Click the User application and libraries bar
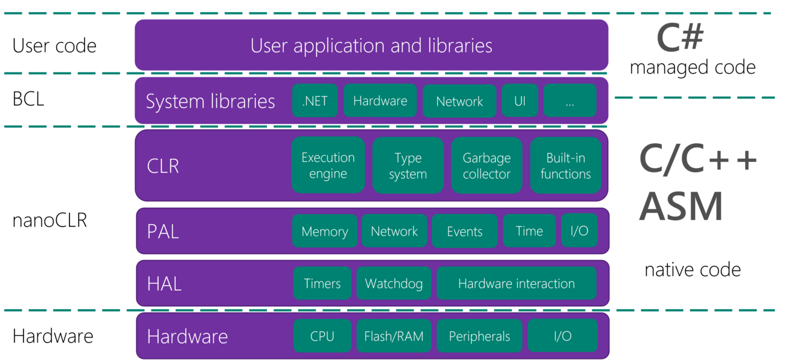click(371, 45)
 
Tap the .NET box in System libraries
click(315, 101)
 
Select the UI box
click(519, 101)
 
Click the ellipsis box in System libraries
click(569, 101)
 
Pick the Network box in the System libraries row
click(459, 101)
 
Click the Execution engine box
click(328, 166)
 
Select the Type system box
click(408, 166)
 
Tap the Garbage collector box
click(487, 166)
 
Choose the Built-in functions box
click(565, 166)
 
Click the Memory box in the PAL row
click(324, 231)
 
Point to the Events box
click(464, 231)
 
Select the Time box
click(529, 231)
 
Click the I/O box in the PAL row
click(579, 231)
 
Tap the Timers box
click(322, 283)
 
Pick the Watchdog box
click(394, 283)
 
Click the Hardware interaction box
click(516, 283)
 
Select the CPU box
click(322, 336)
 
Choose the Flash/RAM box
click(394, 336)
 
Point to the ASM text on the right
click(681, 207)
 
